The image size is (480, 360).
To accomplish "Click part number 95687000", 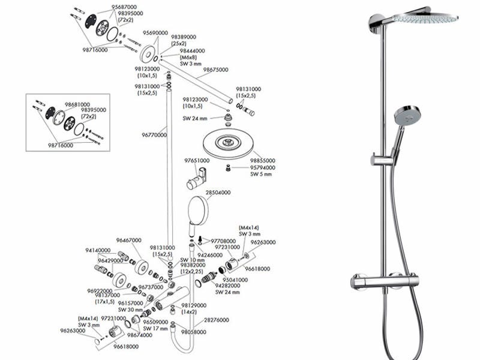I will point(124,7).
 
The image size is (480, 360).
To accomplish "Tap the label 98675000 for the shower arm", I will point(215,70).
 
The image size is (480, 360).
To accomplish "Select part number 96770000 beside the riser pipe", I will point(154,135).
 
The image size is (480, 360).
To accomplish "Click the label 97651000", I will point(197,161).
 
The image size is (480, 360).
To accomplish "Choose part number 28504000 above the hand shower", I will point(218,193).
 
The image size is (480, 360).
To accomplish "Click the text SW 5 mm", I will point(261,175).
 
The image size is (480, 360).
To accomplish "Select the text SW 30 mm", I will point(130,310).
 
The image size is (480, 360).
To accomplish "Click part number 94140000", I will point(98,250).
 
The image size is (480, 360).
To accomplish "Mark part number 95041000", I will point(235,280).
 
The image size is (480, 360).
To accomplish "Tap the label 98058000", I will point(194,331).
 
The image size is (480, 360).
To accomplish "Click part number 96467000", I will point(129,240).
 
